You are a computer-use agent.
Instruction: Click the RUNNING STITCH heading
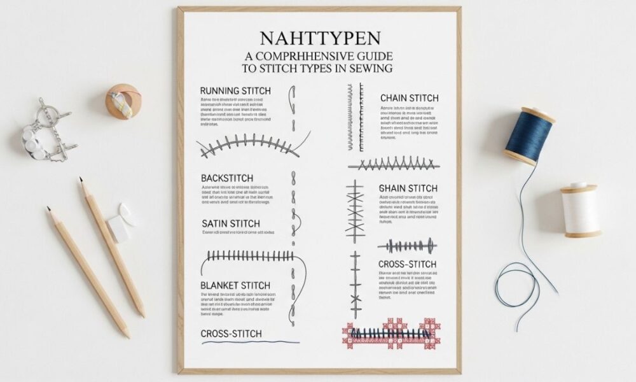click(x=235, y=91)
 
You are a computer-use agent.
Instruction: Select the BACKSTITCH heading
click(x=226, y=178)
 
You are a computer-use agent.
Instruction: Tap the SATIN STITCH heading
click(x=230, y=223)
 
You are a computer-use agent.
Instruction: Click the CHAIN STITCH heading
click(x=409, y=98)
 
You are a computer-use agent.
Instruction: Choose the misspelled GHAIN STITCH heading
click(x=408, y=188)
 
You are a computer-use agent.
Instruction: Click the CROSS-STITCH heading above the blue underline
click(x=231, y=334)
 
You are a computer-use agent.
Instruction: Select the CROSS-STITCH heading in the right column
click(x=407, y=264)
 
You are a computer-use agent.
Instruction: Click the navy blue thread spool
click(x=529, y=136)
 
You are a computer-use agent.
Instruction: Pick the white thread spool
click(x=581, y=210)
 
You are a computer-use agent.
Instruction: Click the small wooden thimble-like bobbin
click(x=123, y=102)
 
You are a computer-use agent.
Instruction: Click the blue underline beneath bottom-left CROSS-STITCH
click(x=250, y=343)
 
